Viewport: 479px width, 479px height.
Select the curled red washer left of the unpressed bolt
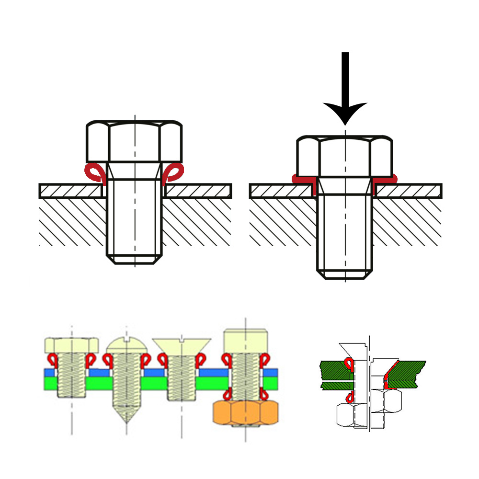click(94, 172)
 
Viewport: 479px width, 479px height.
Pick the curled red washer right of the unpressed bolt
click(174, 172)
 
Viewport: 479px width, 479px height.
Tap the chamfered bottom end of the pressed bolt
click(345, 274)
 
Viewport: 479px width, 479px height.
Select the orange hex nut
click(246, 413)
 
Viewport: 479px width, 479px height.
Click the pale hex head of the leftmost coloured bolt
click(72, 345)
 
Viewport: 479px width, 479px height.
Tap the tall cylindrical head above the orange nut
click(246, 341)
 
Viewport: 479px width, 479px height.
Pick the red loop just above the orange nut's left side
click(227, 394)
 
